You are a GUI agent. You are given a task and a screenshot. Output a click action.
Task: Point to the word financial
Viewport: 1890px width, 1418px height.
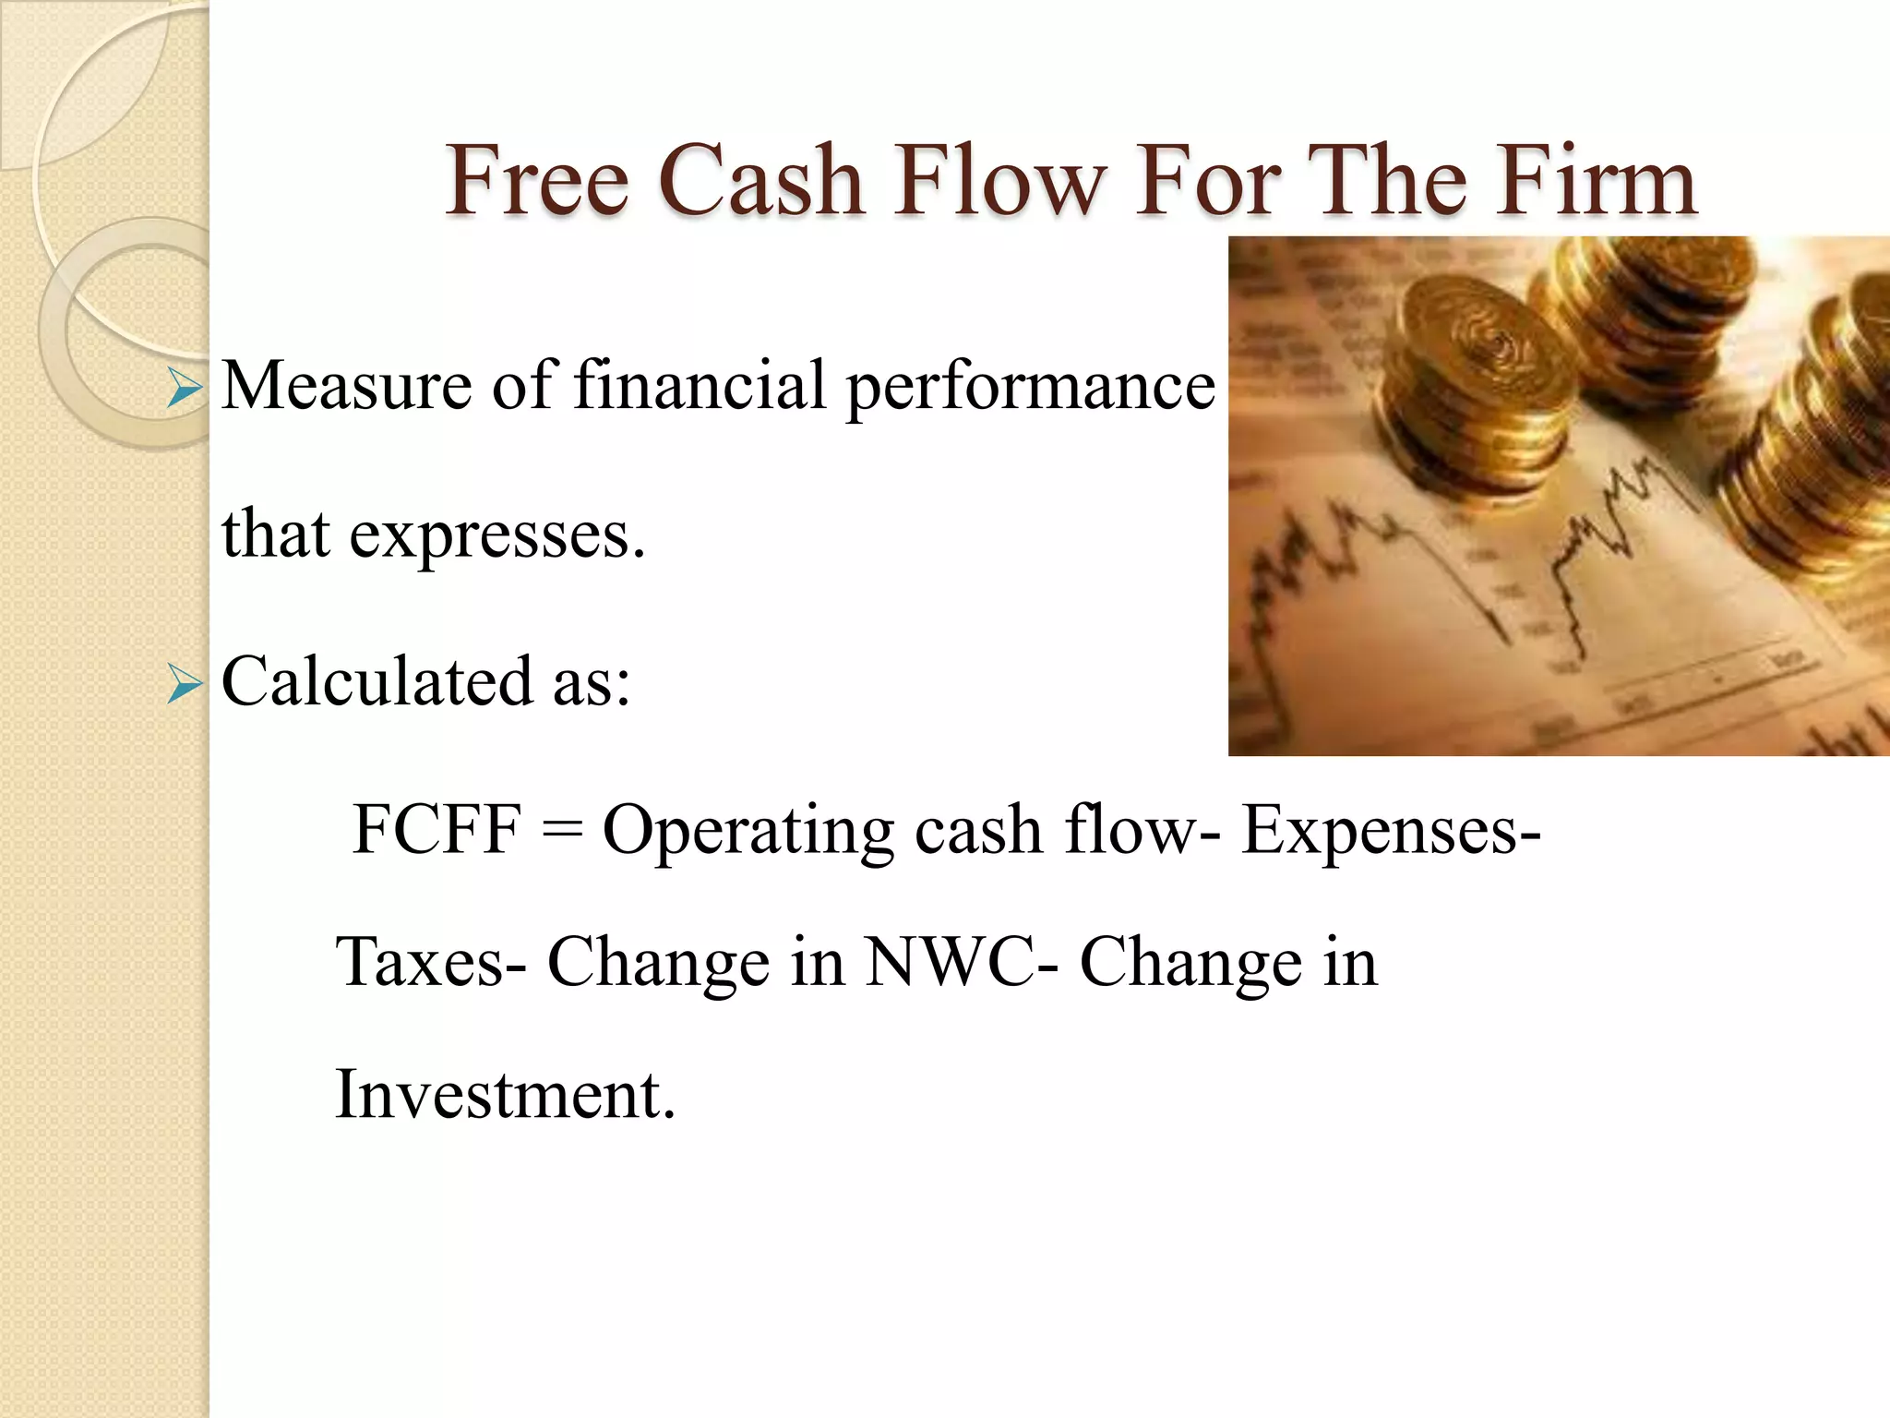pos(700,385)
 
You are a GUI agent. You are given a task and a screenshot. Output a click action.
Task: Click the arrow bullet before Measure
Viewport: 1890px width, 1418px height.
pos(185,391)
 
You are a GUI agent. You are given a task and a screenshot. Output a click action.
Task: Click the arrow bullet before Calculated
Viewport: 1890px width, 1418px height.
pos(185,686)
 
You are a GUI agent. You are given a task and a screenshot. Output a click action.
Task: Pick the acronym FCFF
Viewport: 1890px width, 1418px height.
pos(437,829)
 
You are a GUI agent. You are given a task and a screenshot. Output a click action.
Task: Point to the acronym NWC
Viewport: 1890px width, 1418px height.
pos(950,963)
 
